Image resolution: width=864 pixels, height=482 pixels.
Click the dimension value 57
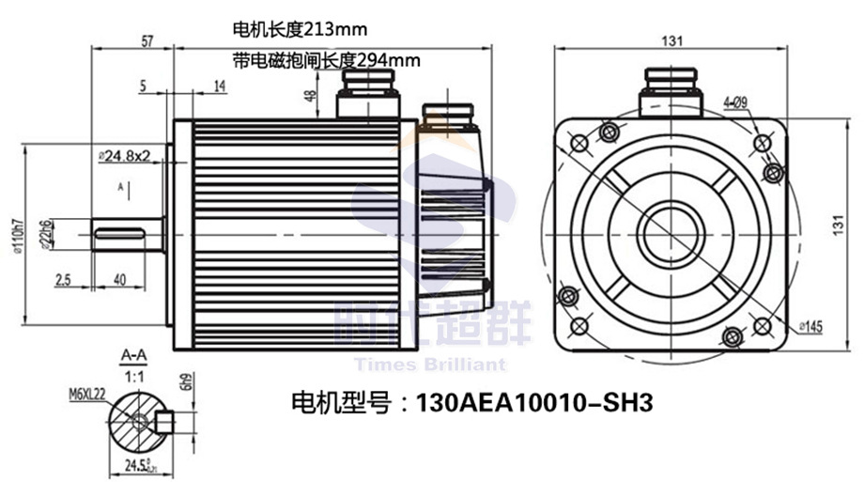point(147,42)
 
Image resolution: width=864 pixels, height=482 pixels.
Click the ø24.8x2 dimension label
point(125,154)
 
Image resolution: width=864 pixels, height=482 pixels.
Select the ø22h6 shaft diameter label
point(45,230)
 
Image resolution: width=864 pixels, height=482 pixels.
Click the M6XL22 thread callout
point(86,394)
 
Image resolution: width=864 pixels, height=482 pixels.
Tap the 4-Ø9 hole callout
point(734,101)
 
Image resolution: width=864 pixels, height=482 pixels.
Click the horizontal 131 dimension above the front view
point(671,41)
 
